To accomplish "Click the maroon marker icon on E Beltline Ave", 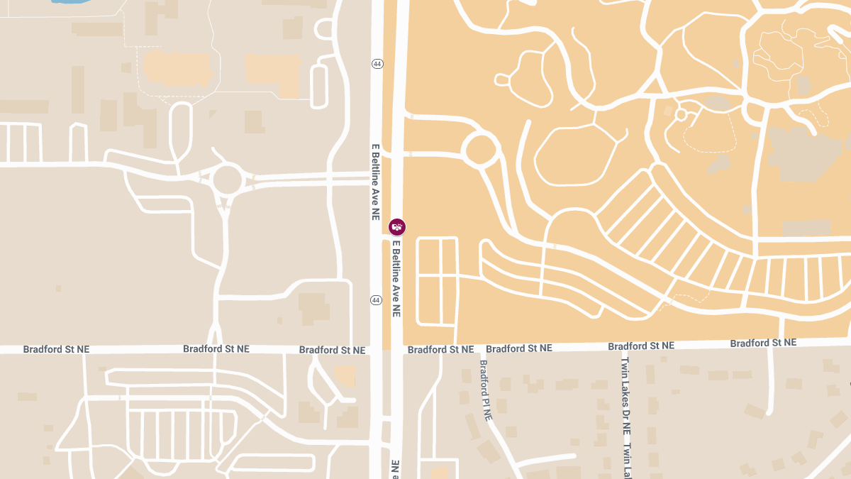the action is point(397,226).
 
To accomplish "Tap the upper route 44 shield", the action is point(377,64).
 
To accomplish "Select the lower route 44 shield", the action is point(376,300).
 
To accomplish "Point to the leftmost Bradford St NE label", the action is point(57,349).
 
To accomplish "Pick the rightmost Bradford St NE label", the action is point(763,343).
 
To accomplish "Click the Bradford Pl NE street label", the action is point(485,390).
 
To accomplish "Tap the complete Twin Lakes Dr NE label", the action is point(625,395).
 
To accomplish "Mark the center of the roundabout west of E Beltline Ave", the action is point(228,180).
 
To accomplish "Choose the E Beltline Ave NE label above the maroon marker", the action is point(376,182).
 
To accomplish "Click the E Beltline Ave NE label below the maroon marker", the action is point(396,278).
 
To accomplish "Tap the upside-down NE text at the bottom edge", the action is point(394,469).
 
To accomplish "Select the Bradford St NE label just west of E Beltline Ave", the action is point(332,350).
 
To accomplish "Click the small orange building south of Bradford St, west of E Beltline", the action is point(345,375).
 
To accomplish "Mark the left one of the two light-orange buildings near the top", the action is point(177,68).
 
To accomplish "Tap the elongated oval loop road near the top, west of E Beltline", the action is point(318,87).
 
